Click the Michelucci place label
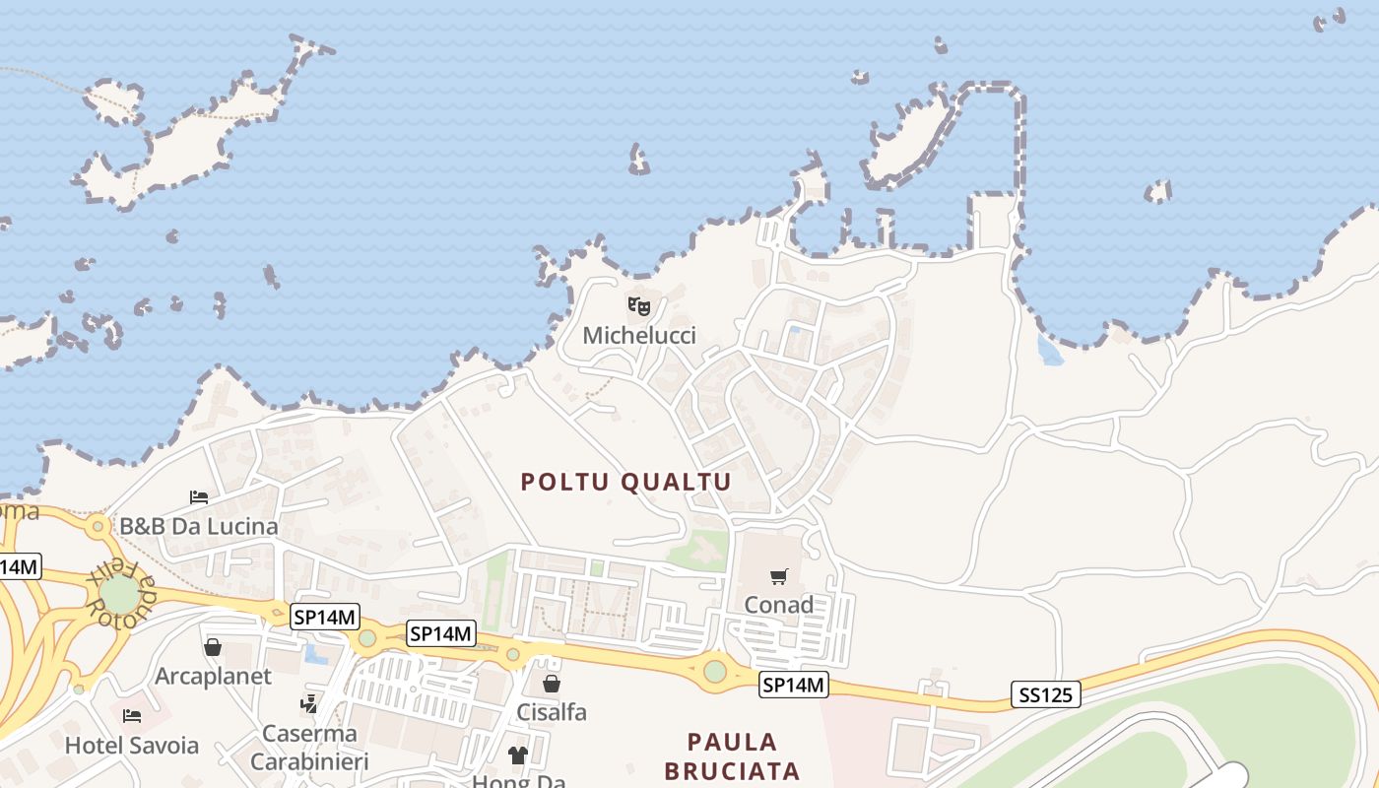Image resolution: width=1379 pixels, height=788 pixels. (x=639, y=336)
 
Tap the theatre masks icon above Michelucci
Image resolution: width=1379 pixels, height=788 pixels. (x=639, y=306)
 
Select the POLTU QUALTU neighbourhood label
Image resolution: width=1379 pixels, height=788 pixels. (x=626, y=482)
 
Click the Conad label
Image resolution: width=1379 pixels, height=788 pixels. (x=778, y=604)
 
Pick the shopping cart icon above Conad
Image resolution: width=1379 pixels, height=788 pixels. (x=779, y=576)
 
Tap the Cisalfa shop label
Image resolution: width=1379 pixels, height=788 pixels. (x=552, y=711)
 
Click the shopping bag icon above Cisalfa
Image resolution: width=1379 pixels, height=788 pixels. (x=552, y=684)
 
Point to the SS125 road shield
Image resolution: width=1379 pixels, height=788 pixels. (x=1045, y=695)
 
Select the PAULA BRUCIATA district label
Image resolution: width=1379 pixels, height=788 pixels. (x=732, y=755)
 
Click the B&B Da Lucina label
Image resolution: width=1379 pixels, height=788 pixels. (x=199, y=526)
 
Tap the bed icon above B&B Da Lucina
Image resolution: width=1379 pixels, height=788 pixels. (x=199, y=497)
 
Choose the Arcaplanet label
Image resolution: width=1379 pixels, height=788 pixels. (x=213, y=677)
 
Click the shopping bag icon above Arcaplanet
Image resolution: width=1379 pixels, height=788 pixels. (x=213, y=648)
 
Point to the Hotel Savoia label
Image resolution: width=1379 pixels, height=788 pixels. (x=132, y=746)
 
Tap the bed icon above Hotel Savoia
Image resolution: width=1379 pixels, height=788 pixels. (x=132, y=716)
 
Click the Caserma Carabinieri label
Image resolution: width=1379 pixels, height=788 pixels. (x=309, y=748)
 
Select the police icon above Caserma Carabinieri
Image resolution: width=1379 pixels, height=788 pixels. (x=309, y=704)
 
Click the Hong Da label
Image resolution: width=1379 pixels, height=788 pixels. (x=519, y=782)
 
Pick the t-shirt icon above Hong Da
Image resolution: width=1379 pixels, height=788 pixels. (x=518, y=755)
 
